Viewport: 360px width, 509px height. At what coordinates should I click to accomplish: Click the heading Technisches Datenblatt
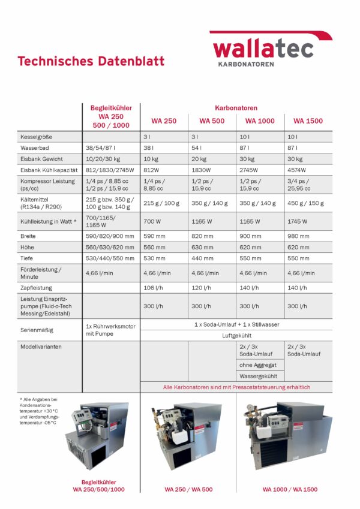click(x=91, y=61)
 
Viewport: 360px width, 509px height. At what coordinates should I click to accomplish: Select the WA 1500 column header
click(x=308, y=121)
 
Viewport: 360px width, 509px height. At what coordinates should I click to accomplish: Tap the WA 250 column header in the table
click(x=164, y=121)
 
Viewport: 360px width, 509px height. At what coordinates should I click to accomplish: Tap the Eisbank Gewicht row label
click(x=41, y=159)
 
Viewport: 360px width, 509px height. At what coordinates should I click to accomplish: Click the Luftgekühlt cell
click(x=236, y=336)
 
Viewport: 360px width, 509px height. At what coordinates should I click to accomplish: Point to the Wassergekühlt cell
click(x=259, y=376)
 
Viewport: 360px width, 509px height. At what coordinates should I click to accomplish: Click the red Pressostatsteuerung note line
click(x=236, y=387)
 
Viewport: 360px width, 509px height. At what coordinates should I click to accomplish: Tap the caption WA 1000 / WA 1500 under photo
click(x=290, y=489)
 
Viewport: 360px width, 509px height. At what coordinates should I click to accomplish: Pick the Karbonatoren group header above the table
click(x=236, y=108)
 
